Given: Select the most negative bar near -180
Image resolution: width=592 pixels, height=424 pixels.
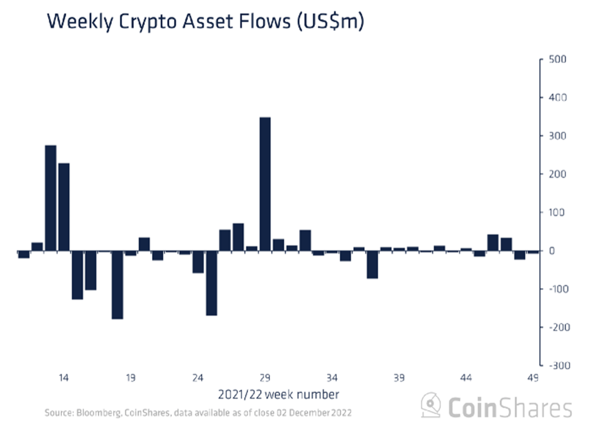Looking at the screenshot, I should pyautogui.click(x=117, y=285).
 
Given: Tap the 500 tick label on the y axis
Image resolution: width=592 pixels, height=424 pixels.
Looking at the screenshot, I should pyautogui.click(x=558, y=60).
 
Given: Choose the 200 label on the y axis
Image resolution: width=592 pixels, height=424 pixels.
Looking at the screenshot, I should pyautogui.click(x=558, y=175).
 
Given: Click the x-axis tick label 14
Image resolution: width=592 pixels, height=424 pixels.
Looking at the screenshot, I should pyautogui.click(x=63, y=378).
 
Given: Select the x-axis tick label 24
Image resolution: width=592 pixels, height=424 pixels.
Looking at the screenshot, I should pyautogui.click(x=198, y=378).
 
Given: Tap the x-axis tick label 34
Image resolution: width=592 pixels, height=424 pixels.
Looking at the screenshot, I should pyautogui.click(x=332, y=378).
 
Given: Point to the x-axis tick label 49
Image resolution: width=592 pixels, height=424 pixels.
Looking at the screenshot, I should pyautogui.click(x=532, y=378).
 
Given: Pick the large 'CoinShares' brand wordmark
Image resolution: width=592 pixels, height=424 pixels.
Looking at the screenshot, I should pyautogui.click(x=511, y=406).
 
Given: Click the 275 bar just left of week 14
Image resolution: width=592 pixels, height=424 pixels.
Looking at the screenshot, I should pyautogui.click(x=50, y=198).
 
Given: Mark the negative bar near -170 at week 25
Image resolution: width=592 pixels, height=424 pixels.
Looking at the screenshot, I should pyautogui.click(x=212, y=283).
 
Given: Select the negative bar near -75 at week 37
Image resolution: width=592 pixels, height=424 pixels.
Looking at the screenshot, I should pyautogui.click(x=372, y=265).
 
